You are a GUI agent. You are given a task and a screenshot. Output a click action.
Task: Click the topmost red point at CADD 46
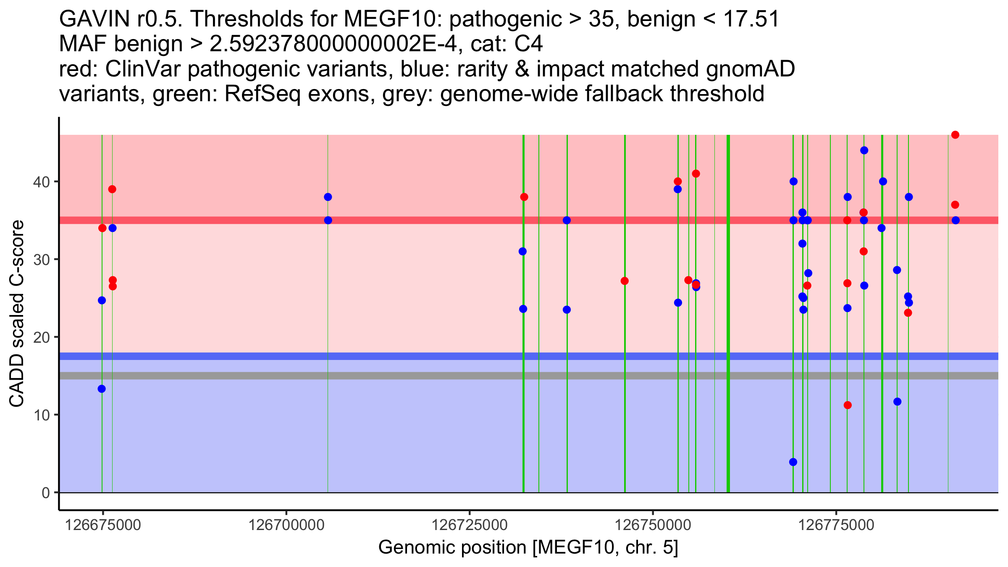point(955,135)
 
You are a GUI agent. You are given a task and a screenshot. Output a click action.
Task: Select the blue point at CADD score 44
point(864,150)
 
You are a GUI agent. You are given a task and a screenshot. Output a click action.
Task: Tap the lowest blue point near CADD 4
point(793,462)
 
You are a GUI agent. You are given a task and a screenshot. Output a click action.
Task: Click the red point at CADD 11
point(848,405)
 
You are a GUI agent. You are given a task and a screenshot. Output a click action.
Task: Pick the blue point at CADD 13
point(102,389)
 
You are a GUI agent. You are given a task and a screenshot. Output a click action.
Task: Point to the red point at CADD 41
point(696,174)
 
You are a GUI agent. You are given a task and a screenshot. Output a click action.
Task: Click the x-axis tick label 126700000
point(286,525)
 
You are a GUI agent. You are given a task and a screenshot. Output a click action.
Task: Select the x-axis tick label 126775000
point(836,525)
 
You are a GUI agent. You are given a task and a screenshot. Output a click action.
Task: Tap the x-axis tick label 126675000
point(103,525)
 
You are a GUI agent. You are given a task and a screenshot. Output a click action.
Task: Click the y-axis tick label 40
point(42,182)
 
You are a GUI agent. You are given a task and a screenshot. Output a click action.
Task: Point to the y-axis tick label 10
point(42,415)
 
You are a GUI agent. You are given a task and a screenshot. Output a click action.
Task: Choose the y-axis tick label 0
point(46,493)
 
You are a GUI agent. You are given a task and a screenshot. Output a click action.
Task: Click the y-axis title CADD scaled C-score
point(17,314)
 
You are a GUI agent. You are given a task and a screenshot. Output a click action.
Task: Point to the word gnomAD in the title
point(750,69)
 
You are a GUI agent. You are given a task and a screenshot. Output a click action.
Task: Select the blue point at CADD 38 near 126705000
point(328,197)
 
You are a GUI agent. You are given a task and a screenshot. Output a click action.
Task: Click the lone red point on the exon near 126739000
point(625,281)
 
